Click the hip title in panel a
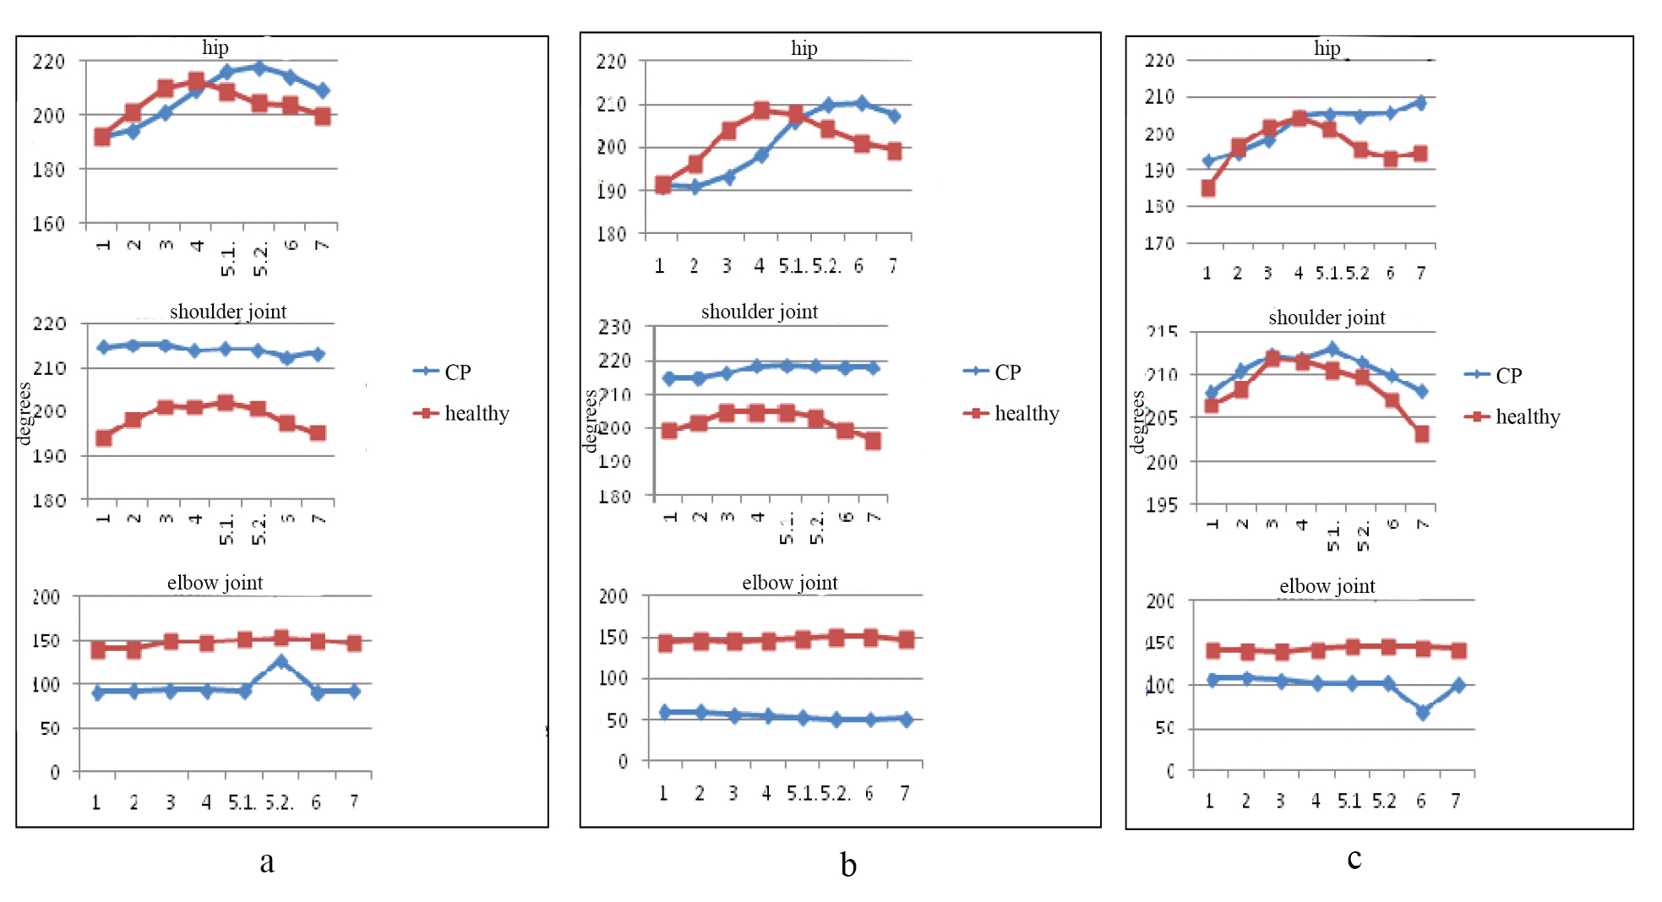pyautogui.click(x=215, y=47)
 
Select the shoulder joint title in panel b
pyautogui.click(x=759, y=312)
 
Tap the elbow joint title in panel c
pyautogui.click(x=1327, y=586)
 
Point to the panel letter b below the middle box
pyautogui.click(x=848, y=865)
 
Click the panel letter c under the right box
pyautogui.click(x=1354, y=858)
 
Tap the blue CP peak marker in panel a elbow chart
pyautogui.click(x=281, y=662)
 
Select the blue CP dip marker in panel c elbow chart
pyautogui.click(x=1423, y=712)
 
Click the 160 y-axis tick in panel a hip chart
pyautogui.click(x=48, y=224)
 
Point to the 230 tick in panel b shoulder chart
pyautogui.click(x=614, y=327)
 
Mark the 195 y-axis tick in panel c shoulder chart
pyautogui.click(x=1161, y=505)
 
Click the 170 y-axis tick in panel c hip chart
pyautogui.click(x=1159, y=243)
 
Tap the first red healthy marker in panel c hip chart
pyautogui.click(x=1208, y=188)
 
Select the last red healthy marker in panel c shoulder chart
pyautogui.click(x=1422, y=434)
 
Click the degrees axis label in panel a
pyautogui.click(x=24, y=413)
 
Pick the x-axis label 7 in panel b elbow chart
pyautogui.click(x=905, y=793)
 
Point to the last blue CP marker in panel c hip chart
pyautogui.click(x=1420, y=103)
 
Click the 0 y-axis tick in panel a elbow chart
pyautogui.click(x=55, y=772)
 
